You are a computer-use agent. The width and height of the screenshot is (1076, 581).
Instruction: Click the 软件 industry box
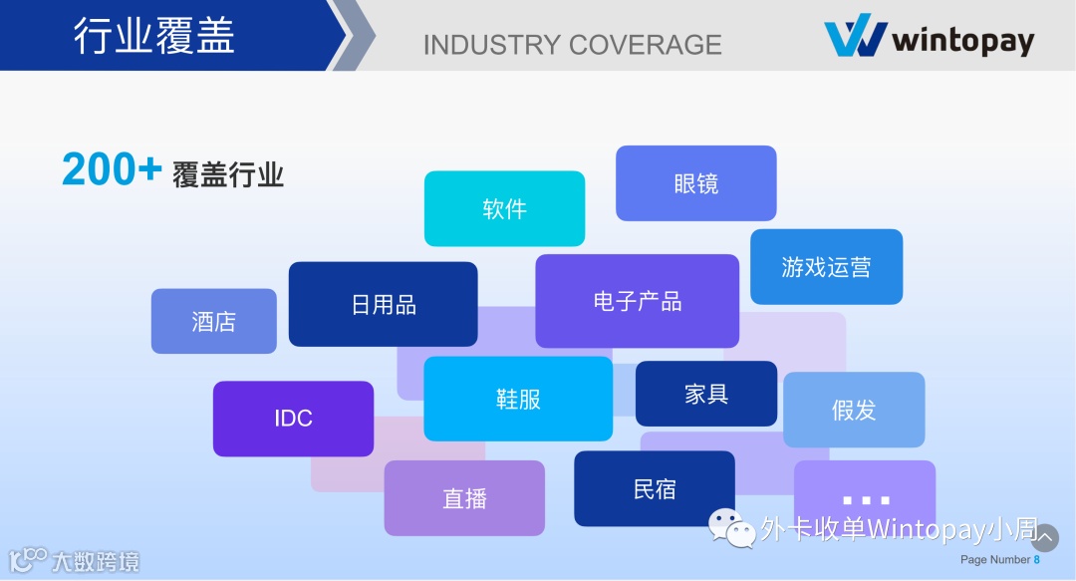504,208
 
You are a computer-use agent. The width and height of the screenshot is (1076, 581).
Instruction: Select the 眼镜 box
695,183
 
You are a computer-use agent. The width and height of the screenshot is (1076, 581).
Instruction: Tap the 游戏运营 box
826,266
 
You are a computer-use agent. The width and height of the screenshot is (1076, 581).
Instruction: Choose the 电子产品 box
637,301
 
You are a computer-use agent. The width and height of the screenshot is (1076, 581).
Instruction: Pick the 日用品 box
383,304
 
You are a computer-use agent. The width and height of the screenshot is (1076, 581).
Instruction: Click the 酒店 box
213,321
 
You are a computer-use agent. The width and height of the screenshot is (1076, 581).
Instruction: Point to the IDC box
293,419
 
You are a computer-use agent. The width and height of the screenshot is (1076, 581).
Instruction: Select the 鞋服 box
518,399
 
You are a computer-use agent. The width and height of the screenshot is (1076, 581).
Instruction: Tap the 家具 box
705,394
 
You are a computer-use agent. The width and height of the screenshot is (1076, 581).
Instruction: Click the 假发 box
854,410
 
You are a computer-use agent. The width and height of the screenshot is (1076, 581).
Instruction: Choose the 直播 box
464,498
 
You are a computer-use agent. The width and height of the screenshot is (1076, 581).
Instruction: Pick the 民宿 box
654,488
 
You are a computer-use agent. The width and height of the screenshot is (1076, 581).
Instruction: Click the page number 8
1036,560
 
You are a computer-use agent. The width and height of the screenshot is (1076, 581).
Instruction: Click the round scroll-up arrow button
1044,538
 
